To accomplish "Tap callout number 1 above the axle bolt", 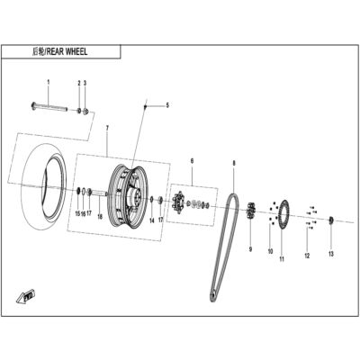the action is (49, 82).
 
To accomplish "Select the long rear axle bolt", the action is (49, 107).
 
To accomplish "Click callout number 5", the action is (167, 105).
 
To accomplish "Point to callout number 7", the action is (107, 128).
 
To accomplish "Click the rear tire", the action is (44, 184).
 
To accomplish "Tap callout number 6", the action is (192, 161).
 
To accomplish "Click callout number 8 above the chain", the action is (234, 163).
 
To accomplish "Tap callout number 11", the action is (282, 259).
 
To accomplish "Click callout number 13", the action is (331, 254).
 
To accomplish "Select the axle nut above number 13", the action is (331, 220).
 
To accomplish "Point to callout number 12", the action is (307, 256).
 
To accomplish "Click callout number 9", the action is (250, 249).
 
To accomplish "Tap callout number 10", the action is (270, 251).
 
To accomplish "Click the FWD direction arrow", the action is (25, 295).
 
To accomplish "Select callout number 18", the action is (100, 217).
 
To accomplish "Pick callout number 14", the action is (152, 220).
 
